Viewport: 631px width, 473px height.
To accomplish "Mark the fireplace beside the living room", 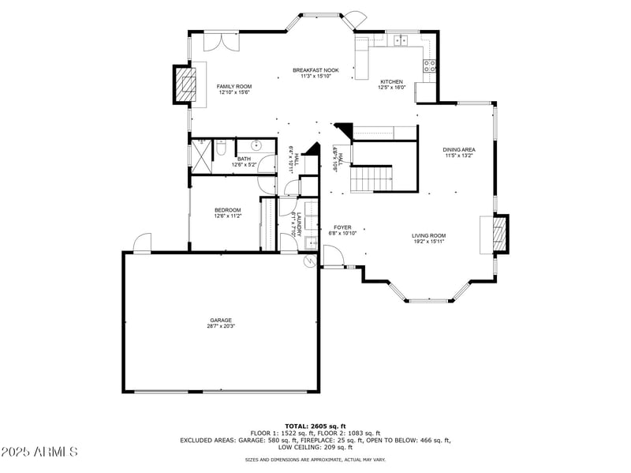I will pyautogui.click(x=498, y=234).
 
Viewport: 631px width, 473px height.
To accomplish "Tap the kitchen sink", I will pyautogui.click(x=401, y=39).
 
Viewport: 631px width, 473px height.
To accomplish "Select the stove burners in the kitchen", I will pyautogui.click(x=431, y=66).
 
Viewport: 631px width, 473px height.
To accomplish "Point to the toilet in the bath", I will pyautogui.click(x=222, y=148).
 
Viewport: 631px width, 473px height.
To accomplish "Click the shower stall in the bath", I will pyautogui.click(x=201, y=156).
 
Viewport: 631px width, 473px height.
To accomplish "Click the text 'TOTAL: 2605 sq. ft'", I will pyautogui.click(x=315, y=426).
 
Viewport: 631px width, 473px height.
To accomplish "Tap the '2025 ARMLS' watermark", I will pyautogui.click(x=39, y=452).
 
